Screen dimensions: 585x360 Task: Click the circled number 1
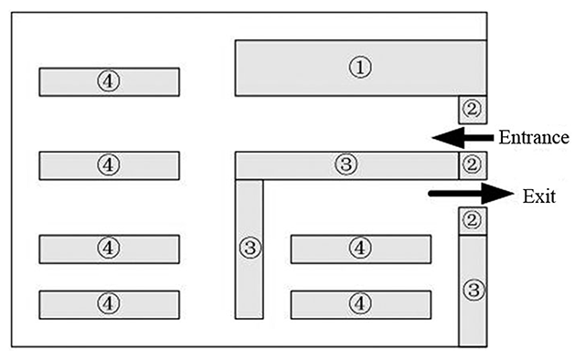pyautogui.click(x=360, y=67)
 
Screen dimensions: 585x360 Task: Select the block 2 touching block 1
pyautogui.click(x=473, y=110)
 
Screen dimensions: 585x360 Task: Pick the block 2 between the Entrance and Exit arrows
pyautogui.click(x=473, y=165)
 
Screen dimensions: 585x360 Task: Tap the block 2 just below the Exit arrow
pyautogui.click(x=473, y=221)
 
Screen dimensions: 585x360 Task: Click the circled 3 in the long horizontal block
pyautogui.click(x=346, y=164)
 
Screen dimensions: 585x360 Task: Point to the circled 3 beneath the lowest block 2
pyautogui.click(x=473, y=290)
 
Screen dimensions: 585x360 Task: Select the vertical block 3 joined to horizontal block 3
pyautogui.click(x=250, y=249)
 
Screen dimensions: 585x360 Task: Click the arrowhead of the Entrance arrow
pyautogui.click(x=448, y=138)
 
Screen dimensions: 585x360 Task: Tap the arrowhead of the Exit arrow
pyautogui.click(x=497, y=193)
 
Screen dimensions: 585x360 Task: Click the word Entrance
pyautogui.click(x=534, y=138)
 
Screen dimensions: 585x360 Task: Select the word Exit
pyautogui.click(x=539, y=196)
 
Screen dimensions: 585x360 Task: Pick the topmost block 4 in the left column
pyautogui.click(x=110, y=82)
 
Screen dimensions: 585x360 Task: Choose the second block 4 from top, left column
pyautogui.click(x=110, y=165)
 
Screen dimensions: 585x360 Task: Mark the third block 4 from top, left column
pyautogui.click(x=110, y=249)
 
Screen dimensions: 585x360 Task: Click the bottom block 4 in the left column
pyautogui.click(x=110, y=305)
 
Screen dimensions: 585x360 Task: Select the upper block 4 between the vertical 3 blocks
pyautogui.click(x=361, y=249)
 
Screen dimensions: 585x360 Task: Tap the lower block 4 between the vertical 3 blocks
pyautogui.click(x=361, y=305)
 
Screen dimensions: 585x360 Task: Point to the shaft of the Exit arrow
pyautogui.click(x=455, y=193)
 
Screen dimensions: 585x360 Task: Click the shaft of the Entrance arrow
pyautogui.click(x=478, y=138)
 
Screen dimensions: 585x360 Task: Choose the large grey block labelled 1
pyautogui.click(x=361, y=68)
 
